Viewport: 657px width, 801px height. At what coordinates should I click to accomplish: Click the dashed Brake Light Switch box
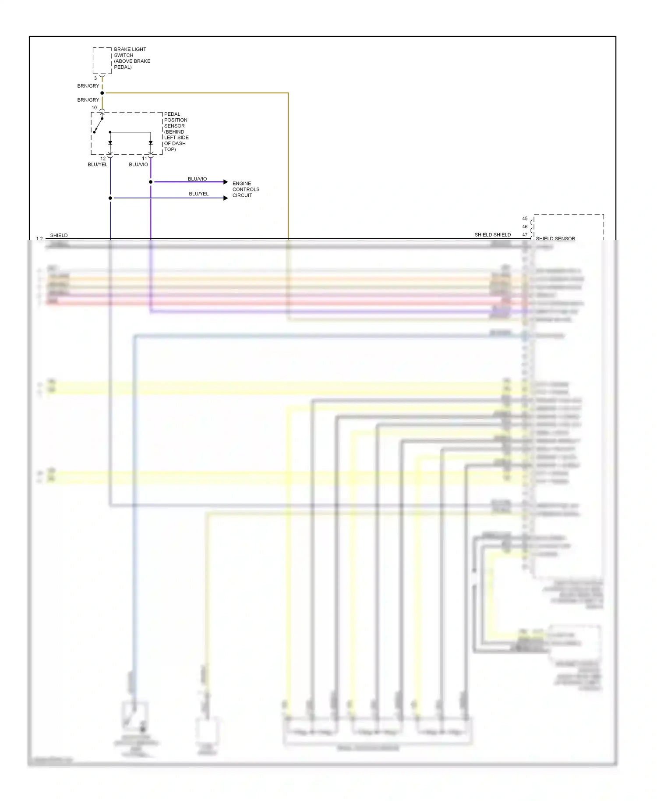pos(102,60)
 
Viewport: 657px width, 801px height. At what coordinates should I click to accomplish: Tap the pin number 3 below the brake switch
pos(95,78)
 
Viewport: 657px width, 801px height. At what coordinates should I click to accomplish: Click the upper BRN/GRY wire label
pos(88,86)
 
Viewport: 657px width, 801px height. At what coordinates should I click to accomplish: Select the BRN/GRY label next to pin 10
pos(88,100)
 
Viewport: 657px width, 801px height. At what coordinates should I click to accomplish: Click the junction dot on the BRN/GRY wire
pos(102,93)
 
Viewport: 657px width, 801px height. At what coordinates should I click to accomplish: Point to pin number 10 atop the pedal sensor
pos(94,107)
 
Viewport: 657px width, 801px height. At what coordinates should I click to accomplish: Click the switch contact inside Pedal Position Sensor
pos(98,125)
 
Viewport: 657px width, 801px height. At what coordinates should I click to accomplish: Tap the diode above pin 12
pos(110,143)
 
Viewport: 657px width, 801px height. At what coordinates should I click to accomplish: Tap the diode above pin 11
pos(151,143)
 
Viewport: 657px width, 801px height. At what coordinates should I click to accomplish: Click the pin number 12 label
pos(103,159)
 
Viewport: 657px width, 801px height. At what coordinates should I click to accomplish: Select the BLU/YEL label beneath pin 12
pos(97,165)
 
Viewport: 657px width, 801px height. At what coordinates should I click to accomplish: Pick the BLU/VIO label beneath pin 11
pos(138,165)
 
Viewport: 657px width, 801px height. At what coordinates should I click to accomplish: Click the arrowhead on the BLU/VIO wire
pos(226,182)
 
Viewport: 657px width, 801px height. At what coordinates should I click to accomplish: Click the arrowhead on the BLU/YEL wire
pos(226,198)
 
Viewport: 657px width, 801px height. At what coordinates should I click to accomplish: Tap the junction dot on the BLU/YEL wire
pos(110,198)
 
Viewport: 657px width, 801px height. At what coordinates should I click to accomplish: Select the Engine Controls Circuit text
pos(246,189)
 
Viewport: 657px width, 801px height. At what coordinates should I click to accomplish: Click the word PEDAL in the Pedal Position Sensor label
pos(172,114)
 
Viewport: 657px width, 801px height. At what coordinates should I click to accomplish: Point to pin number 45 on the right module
pos(525,219)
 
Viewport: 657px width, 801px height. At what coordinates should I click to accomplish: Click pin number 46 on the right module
pos(525,227)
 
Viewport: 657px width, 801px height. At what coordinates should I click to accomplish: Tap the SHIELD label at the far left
pos(59,235)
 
